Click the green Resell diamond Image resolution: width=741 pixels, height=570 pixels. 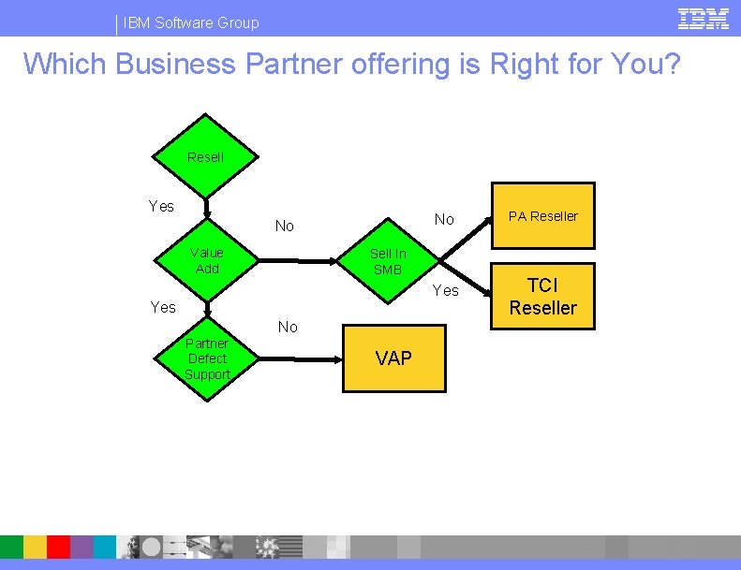pyautogui.click(x=206, y=157)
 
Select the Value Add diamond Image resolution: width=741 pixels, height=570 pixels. pyautogui.click(x=207, y=261)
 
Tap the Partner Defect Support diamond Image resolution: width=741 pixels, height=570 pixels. pyautogui.click(x=207, y=359)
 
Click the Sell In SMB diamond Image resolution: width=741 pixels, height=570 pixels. pyautogui.click(x=388, y=262)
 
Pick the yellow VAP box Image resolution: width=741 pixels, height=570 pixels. pyautogui.click(x=393, y=358)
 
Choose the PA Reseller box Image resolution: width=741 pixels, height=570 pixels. pyautogui.click(x=543, y=216)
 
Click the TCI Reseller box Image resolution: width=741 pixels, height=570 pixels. pyautogui.click(x=543, y=297)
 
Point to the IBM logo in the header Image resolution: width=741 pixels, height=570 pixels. pyautogui.click(x=703, y=19)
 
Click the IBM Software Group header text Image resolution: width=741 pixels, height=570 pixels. pyautogui.click(x=191, y=22)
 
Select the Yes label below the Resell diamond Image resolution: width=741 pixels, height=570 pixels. pyautogui.click(x=161, y=206)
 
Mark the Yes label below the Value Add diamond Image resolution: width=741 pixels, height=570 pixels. pyautogui.click(x=163, y=307)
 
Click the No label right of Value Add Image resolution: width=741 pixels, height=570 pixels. pyautogui.click(x=285, y=226)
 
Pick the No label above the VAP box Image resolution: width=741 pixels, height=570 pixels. pyautogui.click(x=288, y=327)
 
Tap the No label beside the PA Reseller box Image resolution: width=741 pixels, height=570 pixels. pyautogui.click(x=444, y=219)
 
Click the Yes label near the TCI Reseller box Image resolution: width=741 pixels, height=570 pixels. pyautogui.click(x=446, y=290)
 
